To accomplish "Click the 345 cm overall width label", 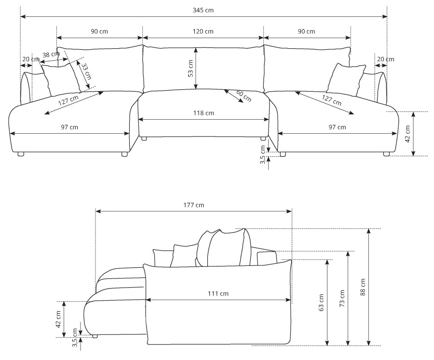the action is (203, 10).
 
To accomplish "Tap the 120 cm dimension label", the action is (203, 31).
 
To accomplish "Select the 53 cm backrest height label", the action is (190, 69).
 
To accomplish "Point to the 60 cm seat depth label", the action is (244, 96).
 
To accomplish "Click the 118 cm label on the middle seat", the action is (203, 113).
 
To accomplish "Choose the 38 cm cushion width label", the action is (51, 54).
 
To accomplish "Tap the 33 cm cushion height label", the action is (86, 71).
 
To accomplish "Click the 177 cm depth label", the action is (194, 205).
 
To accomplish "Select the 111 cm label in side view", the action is (218, 293).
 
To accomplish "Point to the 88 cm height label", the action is (363, 287).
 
